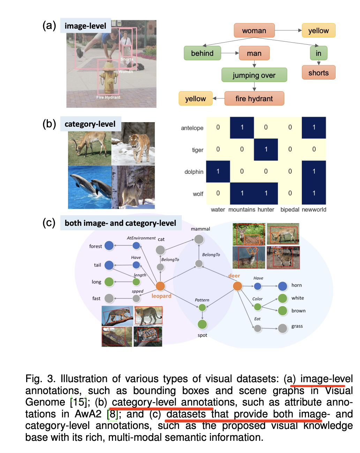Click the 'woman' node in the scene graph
coord(254,30)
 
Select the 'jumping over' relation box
coord(254,75)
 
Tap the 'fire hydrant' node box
coord(254,98)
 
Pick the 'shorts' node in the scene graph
coord(318,72)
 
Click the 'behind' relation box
coord(202,53)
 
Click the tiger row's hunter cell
coord(266,149)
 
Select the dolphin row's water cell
coord(218,171)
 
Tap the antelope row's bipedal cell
coord(290,127)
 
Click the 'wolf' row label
coord(198,194)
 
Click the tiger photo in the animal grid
coord(133,144)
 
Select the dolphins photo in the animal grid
coord(90,187)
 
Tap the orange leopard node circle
coord(160,286)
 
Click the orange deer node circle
coord(237,286)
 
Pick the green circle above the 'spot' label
coord(202,324)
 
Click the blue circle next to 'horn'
coord(282,286)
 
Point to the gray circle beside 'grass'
coord(282,328)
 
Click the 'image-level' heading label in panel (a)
coord(85,26)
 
